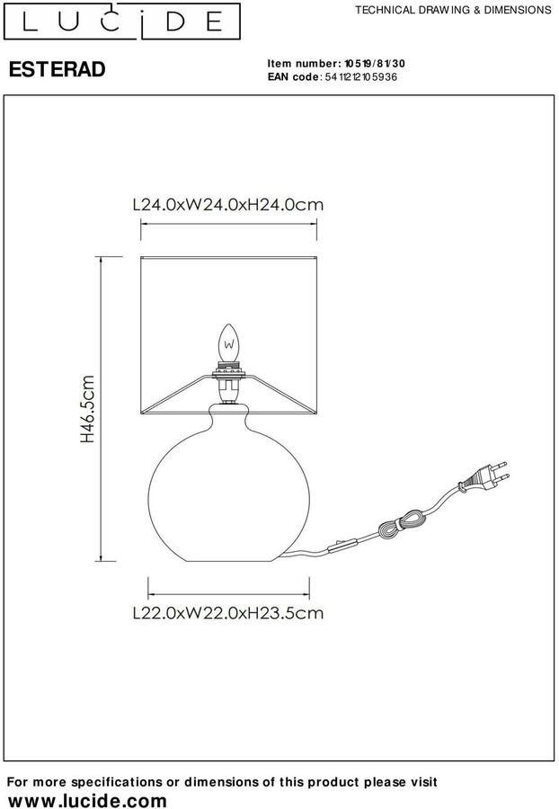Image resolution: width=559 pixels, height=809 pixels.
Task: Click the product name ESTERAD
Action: (x=58, y=69)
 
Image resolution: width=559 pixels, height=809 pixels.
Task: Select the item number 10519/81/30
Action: (x=375, y=64)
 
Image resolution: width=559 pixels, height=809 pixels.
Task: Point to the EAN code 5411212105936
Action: (x=361, y=77)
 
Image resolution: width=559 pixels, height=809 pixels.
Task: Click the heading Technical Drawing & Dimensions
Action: (x=453, y=10)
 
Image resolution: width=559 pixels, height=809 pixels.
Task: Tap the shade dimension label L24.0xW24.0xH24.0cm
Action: (x=228, y=205)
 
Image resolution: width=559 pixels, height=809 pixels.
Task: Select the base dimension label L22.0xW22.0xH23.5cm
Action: (x=228, y=613)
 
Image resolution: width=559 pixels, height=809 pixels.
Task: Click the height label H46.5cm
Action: (x=88, y=409)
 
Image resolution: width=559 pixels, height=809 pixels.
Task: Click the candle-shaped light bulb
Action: (x=229, y=342)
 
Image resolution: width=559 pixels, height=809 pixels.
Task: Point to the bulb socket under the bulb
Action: (x=229, y=382)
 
